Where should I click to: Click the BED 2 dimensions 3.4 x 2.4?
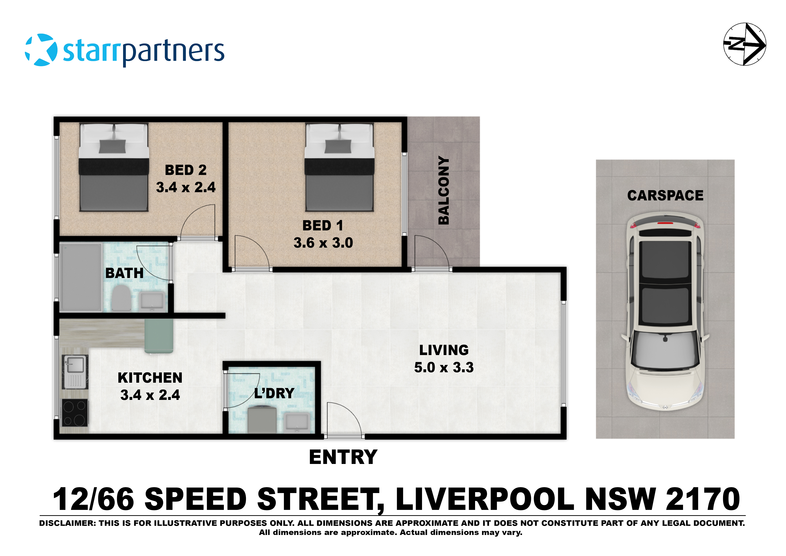pyautogui.click(x=186, y=187)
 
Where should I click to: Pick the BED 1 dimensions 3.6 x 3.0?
pyautogui.click(x=323, y=243)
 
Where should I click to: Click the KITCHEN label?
pyautogui.click(x=150, y=378)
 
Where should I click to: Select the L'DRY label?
pyautogui.click(x=274, y=393)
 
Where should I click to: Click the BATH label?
pyautogui.click(x=124, y=273)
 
